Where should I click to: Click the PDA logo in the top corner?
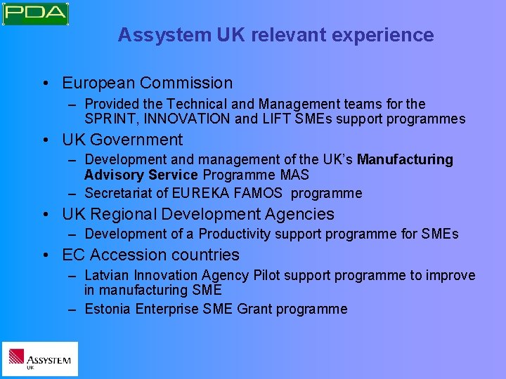click(x=35, y=13)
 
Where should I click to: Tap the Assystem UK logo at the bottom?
click(x=39, y=359)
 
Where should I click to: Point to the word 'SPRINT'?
click(x=109, y=119)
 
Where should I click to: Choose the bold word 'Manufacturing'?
click(x=406, y=159)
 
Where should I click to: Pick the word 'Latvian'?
click(x=107, y=275)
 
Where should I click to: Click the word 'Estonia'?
click(x=108, y=309)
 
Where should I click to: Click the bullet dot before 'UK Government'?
click(x=45, y=140)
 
